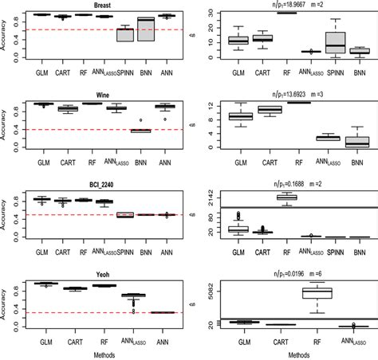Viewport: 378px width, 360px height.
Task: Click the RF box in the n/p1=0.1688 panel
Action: [x=285, y=197]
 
